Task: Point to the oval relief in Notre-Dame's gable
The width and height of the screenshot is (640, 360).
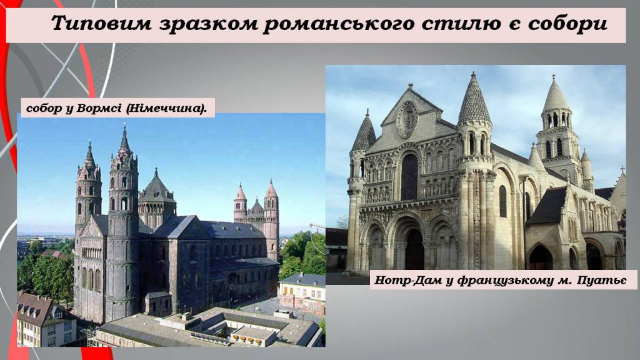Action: (x=407, y=118)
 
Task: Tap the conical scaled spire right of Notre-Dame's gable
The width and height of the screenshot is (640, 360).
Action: (x=474, y=101)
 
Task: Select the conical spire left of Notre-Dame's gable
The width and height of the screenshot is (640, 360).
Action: (x=364, y=132)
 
